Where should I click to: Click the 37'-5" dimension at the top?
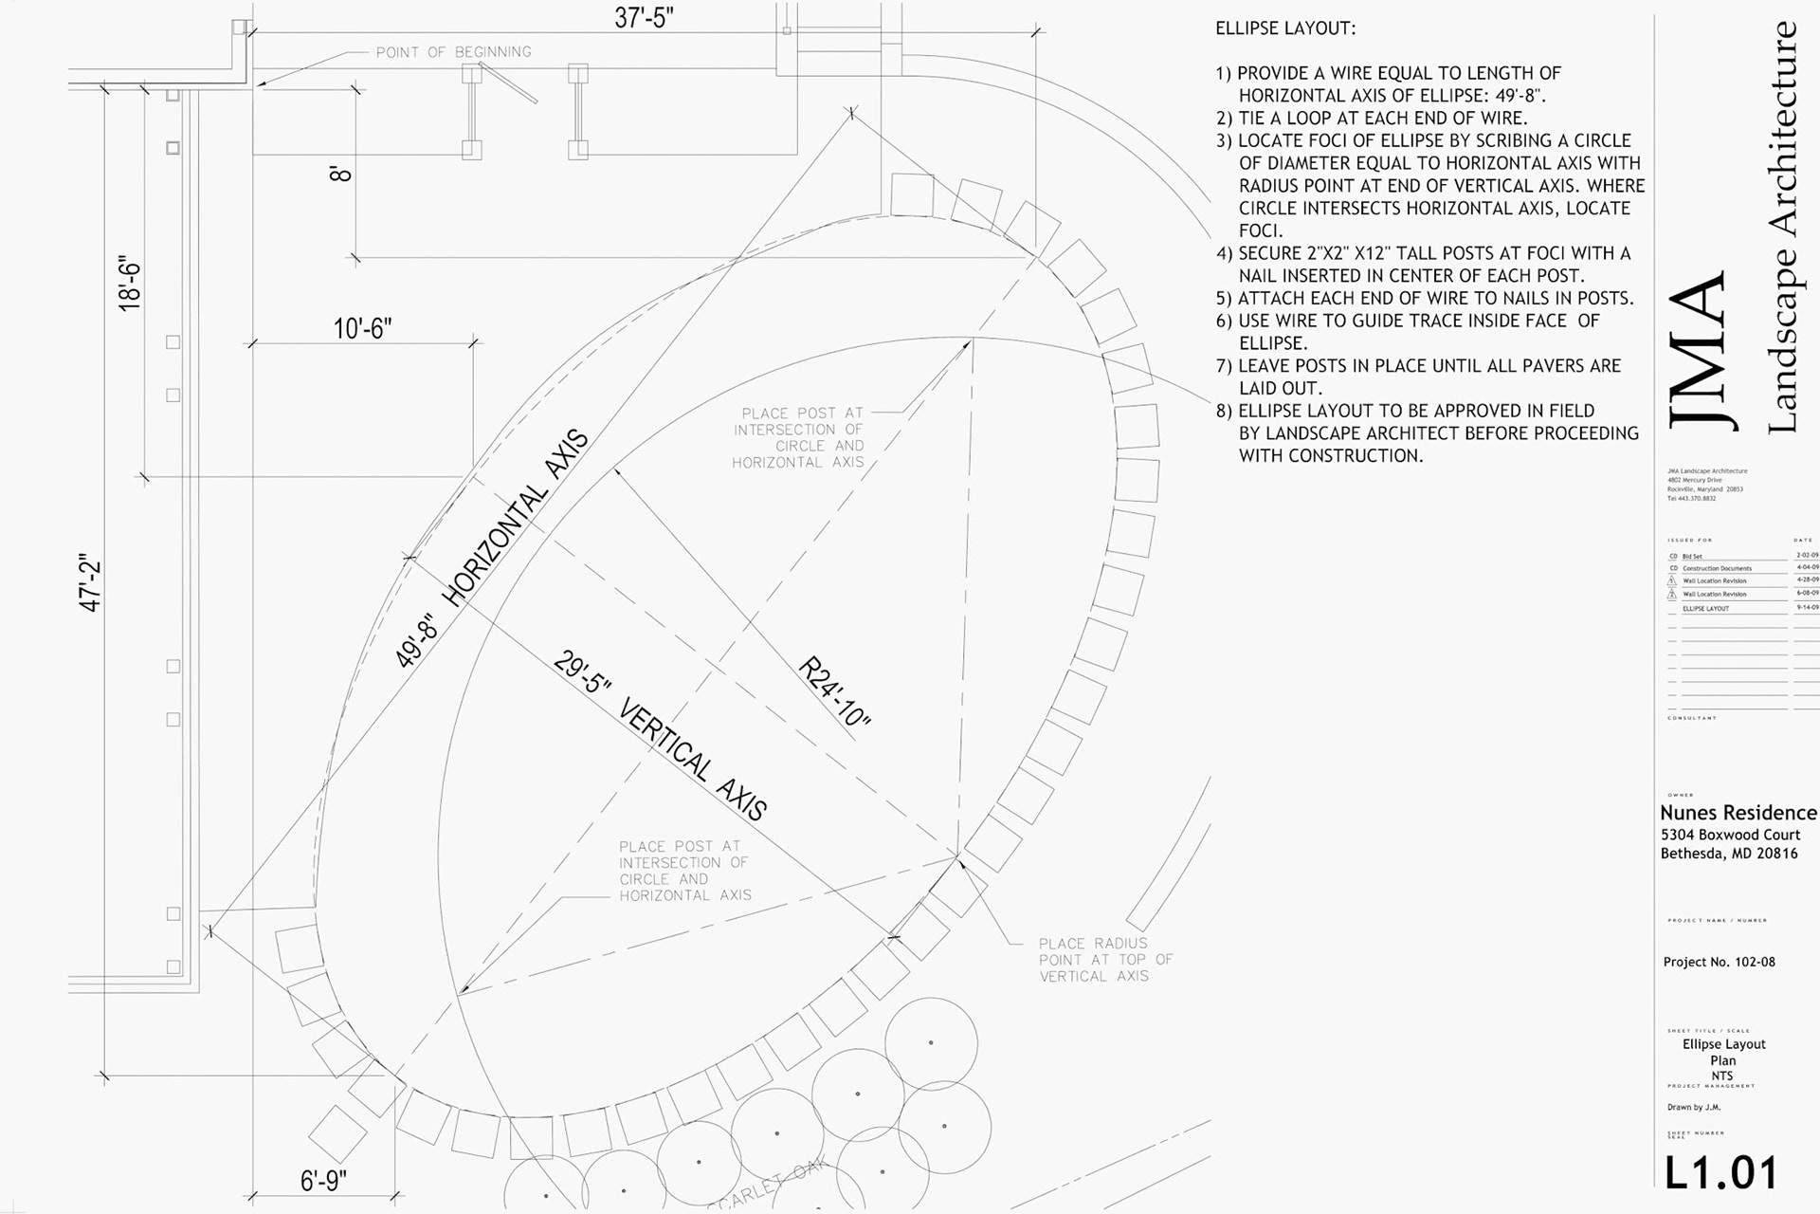[644, 18]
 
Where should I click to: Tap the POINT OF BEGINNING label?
[453, 52]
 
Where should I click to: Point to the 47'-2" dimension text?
[90, 582]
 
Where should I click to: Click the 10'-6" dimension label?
[362, 328]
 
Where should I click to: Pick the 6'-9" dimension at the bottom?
[323, 1181]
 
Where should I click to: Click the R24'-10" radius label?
[833, 692]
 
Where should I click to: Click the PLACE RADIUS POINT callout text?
[1104, 959]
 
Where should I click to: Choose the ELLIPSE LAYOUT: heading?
[1285, 28]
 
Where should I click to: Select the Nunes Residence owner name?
[1738, 813]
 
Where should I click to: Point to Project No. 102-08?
[1719, 962]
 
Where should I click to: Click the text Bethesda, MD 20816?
[1728, 853]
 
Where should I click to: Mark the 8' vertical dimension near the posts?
[340, 174]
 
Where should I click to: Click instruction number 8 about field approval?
[1427, 432]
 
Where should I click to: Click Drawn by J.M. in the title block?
[1693, 1107]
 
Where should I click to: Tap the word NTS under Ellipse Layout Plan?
[1721, 1076]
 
